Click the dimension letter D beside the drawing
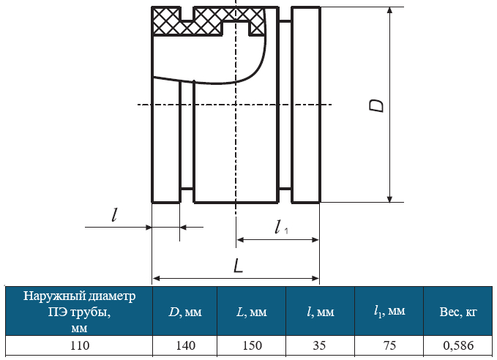click(x=376, y=105)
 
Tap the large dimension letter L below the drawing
click(x=238, y=266)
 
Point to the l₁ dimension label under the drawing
click(x=281, y=228)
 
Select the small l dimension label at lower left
click(x=114, y=215)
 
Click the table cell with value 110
click(x=79, y=345)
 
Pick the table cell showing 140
click(x=185, y=345)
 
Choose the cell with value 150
click(x=252, y=345)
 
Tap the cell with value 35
click(x=319, y=345)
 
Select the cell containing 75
click(x=389, y=345)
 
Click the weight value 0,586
click(x=458, y=345)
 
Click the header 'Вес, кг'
click(x=458, y=312)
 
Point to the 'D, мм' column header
click(x=184, y=312)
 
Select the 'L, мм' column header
click(x=252, y=312)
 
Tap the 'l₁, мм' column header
click(x=389, y=311)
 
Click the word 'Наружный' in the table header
click(x=54, y=296)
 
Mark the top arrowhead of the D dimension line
click(x=390, y=10)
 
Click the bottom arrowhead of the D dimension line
click(x=390, y=199)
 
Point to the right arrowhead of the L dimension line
click(x=315, y=279)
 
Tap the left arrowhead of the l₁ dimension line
click(x=240, y=240)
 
